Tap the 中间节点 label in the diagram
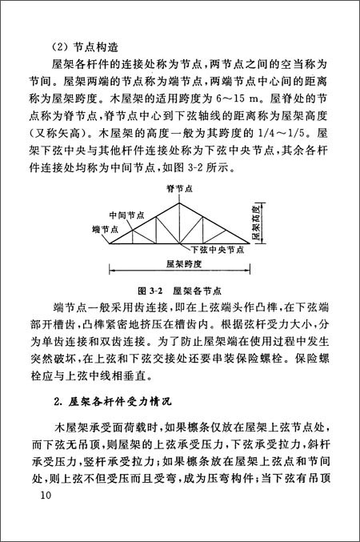126,214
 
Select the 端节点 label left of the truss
102,229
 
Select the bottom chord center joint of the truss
179,243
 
